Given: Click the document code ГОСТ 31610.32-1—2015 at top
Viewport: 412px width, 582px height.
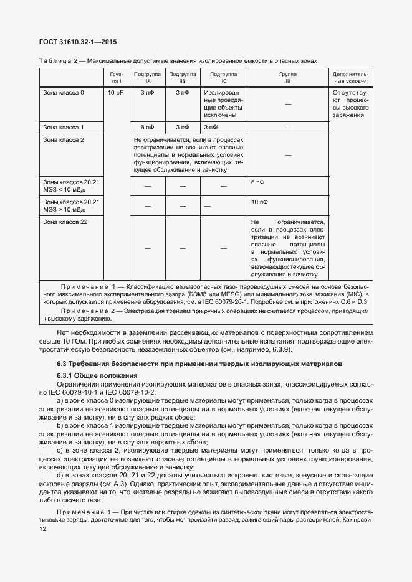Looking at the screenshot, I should click(x=78, y=42).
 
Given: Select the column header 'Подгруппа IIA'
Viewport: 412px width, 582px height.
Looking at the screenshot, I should click(x=146, y=77).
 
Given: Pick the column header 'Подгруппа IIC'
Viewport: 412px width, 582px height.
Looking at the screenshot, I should click(x=223, y=77).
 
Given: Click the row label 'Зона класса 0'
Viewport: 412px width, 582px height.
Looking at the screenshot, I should click(x=64, y=93).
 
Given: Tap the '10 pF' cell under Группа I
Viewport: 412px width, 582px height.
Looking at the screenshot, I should click(x=115, y=93).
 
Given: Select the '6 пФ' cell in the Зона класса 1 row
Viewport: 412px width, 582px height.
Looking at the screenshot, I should click(x=146, y=127).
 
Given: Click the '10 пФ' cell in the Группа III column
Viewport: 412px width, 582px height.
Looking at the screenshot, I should click(x=259, y=202).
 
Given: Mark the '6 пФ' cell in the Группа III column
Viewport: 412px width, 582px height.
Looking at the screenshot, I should click(x=257, y=182).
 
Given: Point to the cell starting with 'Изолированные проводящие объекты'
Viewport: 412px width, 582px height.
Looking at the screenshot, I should click(x=223, y=103).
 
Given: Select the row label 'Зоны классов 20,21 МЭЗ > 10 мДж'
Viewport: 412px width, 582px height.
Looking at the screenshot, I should click(x=70, y=206).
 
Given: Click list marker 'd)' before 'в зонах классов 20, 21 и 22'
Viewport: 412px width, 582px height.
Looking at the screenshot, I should click(x=60, y=475).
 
